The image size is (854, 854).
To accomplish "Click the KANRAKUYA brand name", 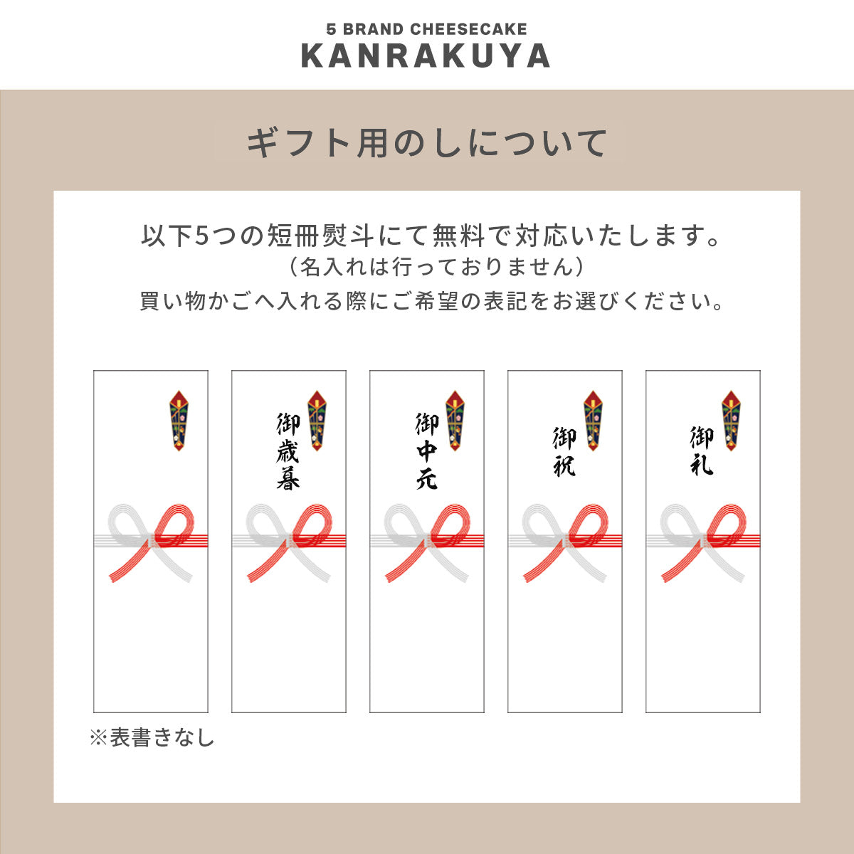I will tap(426, 56).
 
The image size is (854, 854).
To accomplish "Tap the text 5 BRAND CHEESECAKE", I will tap(426, 29).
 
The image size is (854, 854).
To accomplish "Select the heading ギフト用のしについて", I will tap(426, 143).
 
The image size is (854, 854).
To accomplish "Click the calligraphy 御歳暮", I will tap(288, 451).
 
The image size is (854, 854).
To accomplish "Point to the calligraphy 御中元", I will tap(426, 451).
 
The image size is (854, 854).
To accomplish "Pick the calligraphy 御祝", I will tap(564, 451).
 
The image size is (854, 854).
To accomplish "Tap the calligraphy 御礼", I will tap(702, 451).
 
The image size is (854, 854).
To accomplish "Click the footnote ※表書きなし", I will tap(152, 737).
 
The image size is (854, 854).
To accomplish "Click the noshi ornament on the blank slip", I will tap(179, 421).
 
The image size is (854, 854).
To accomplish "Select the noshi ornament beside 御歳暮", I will tap(317, 421).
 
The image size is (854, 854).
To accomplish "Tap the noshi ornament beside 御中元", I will tap(455, 421).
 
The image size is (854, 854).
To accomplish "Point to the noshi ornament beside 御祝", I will tap(593, 421).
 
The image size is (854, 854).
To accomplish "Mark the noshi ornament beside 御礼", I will tap(731, 421).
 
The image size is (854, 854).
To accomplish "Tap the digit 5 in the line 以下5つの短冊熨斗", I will tap(202, 236).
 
